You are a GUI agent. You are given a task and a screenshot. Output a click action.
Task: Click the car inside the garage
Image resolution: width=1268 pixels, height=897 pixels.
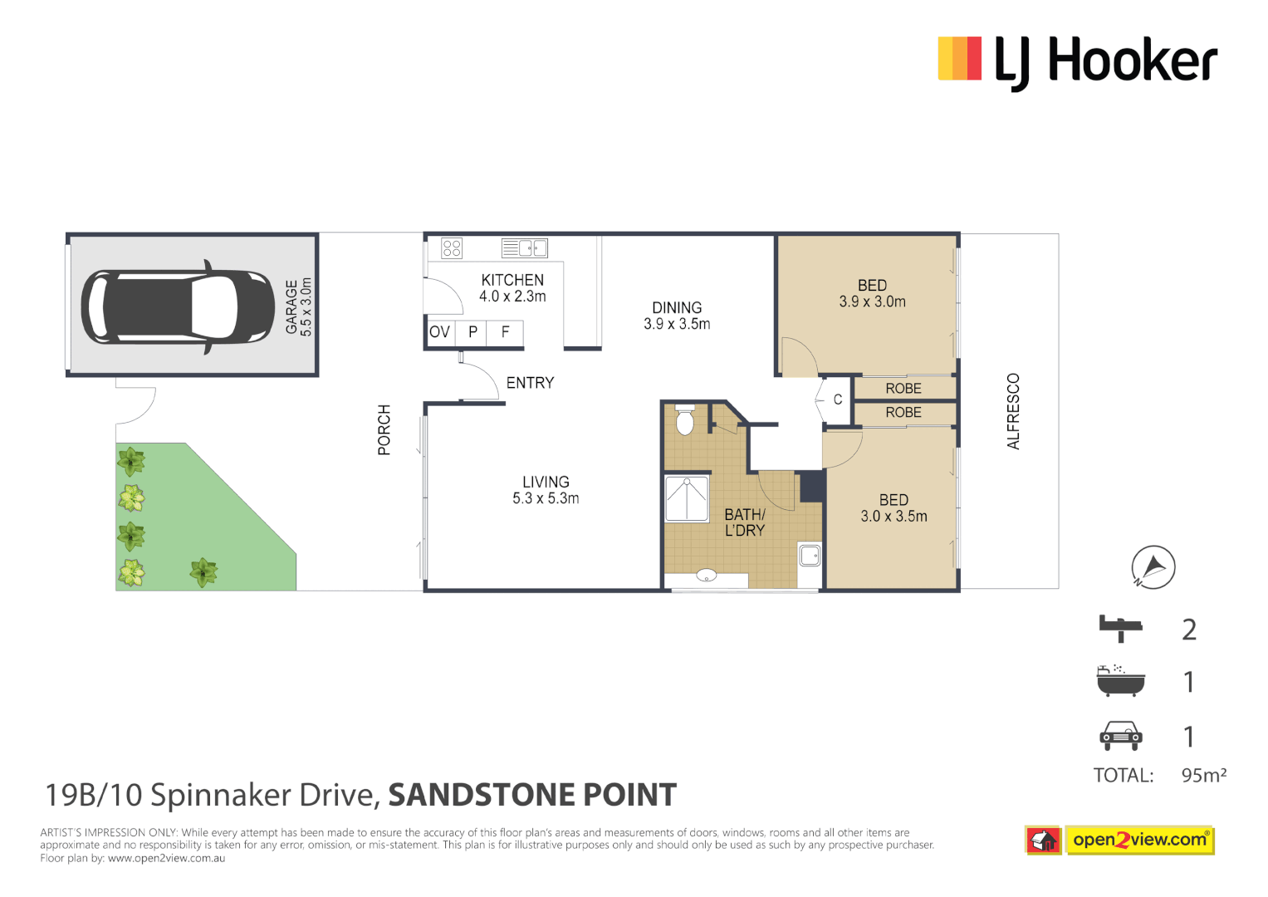[x=178, y=307]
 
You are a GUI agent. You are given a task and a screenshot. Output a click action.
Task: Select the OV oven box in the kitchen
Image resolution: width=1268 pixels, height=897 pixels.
[x=439, y=332]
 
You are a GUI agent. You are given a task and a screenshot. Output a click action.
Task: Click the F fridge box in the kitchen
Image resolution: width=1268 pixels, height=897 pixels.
[x=505, y=332]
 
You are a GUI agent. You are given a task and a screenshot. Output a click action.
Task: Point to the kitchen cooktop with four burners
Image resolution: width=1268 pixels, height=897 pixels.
[x=452, y=248]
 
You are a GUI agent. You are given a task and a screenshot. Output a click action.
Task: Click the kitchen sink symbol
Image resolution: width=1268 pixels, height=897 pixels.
[x=525, y=248]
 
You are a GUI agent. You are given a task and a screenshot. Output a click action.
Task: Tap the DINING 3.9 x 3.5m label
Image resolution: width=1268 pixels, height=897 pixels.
[x=677, y=316]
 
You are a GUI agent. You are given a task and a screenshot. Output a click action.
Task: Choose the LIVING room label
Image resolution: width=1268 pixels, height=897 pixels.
[x=546, y=490]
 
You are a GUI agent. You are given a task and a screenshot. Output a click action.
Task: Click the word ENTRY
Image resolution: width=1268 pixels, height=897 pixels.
[x=530, y=383]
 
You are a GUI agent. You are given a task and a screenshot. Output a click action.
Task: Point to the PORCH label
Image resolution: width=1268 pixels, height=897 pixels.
[x=384, y=429]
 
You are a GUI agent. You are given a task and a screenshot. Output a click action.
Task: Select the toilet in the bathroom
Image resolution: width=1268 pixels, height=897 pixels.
[x=684, y=421]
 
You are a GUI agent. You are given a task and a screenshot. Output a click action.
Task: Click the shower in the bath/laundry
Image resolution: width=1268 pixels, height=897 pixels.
[x=687, y=498]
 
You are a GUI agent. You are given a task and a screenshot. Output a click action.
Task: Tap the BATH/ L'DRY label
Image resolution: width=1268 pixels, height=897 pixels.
[x=745, y=522]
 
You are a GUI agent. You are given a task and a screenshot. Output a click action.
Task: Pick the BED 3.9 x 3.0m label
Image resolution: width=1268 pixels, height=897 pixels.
[x=872, y=293]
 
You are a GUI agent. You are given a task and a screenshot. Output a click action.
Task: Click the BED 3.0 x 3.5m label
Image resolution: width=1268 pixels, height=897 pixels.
[x=893, y=507]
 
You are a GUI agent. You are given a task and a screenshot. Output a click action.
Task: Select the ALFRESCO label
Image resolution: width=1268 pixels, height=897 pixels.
[x=1013, y=411]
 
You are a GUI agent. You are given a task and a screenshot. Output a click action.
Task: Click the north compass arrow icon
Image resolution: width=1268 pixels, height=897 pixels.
[x=1153, y=567]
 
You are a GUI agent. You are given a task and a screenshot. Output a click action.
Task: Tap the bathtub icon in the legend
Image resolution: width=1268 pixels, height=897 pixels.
[x=1120, y=681]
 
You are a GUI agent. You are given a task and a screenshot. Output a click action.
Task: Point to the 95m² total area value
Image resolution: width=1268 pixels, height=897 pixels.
[x=1203, y=775]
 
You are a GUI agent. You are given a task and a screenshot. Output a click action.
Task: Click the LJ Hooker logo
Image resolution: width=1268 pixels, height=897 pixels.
[x=1077, y=61]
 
